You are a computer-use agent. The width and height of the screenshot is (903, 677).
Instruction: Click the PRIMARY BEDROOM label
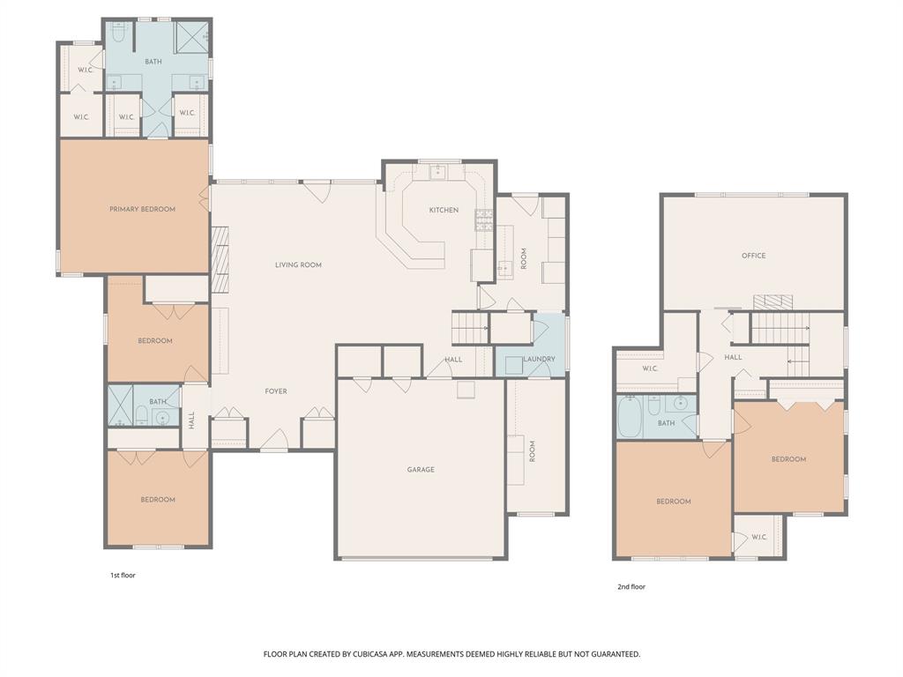pos(142,209)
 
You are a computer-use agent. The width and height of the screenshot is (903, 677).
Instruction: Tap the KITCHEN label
pos(444,210)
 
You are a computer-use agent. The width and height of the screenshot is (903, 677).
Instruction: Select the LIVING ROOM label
pos(298,264)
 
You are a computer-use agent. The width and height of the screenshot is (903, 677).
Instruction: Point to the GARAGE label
pos(421,470)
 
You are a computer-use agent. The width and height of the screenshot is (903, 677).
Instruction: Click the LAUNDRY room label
pos(538,360)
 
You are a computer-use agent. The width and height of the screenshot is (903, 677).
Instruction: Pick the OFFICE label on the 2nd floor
pos(753,256)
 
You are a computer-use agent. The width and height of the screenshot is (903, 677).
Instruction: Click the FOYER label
pos(276,391)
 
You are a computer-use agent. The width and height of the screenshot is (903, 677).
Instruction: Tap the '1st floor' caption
pos(123,576)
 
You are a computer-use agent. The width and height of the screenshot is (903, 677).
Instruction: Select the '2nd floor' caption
pos(631,586)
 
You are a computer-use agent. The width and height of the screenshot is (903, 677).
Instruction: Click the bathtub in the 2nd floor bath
pos(630,416)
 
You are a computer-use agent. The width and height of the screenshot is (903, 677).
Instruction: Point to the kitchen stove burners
pos(484,219)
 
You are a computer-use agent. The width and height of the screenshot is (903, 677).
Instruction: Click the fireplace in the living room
pos(220,260)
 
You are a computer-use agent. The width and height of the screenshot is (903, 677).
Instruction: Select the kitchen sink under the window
pos(438,172)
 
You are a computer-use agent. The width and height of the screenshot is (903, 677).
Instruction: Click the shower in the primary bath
pos(191,38)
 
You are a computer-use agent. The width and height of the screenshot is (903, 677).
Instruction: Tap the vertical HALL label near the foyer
pos(191,421)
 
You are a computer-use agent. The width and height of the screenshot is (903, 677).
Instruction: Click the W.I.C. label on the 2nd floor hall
pos(650,368)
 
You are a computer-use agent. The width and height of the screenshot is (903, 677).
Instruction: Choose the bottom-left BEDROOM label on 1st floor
pos(158,500)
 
